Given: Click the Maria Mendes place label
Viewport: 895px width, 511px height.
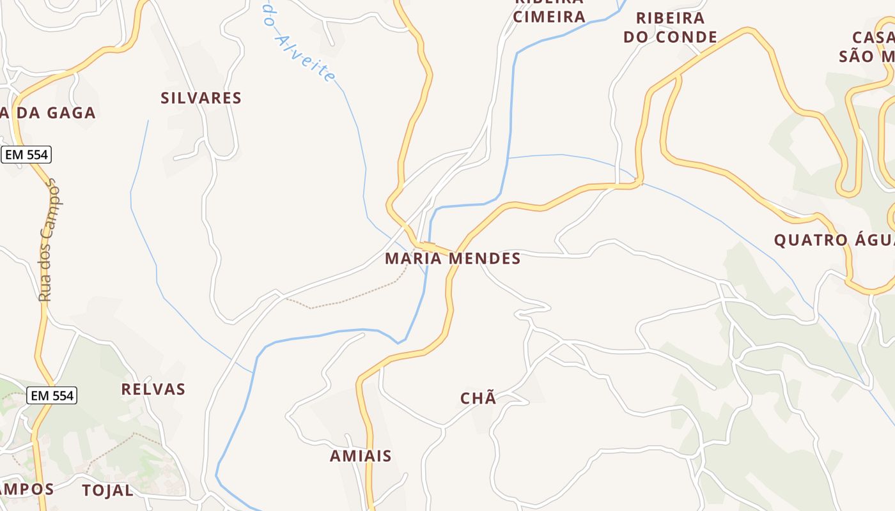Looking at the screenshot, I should click(453, 259).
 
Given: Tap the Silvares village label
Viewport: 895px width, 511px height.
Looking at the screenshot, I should click(201, 98).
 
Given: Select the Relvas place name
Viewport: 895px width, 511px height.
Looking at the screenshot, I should click(153, 390).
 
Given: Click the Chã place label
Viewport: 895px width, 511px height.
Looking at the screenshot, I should click(478, 399).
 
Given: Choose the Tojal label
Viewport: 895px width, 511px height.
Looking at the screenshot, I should click(108, 491).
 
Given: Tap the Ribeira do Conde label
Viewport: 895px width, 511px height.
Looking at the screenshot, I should click(670, 27).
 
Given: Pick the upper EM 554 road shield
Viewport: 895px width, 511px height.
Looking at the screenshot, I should click(26, 155).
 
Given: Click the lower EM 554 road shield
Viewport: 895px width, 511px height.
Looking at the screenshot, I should click(52, 396).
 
